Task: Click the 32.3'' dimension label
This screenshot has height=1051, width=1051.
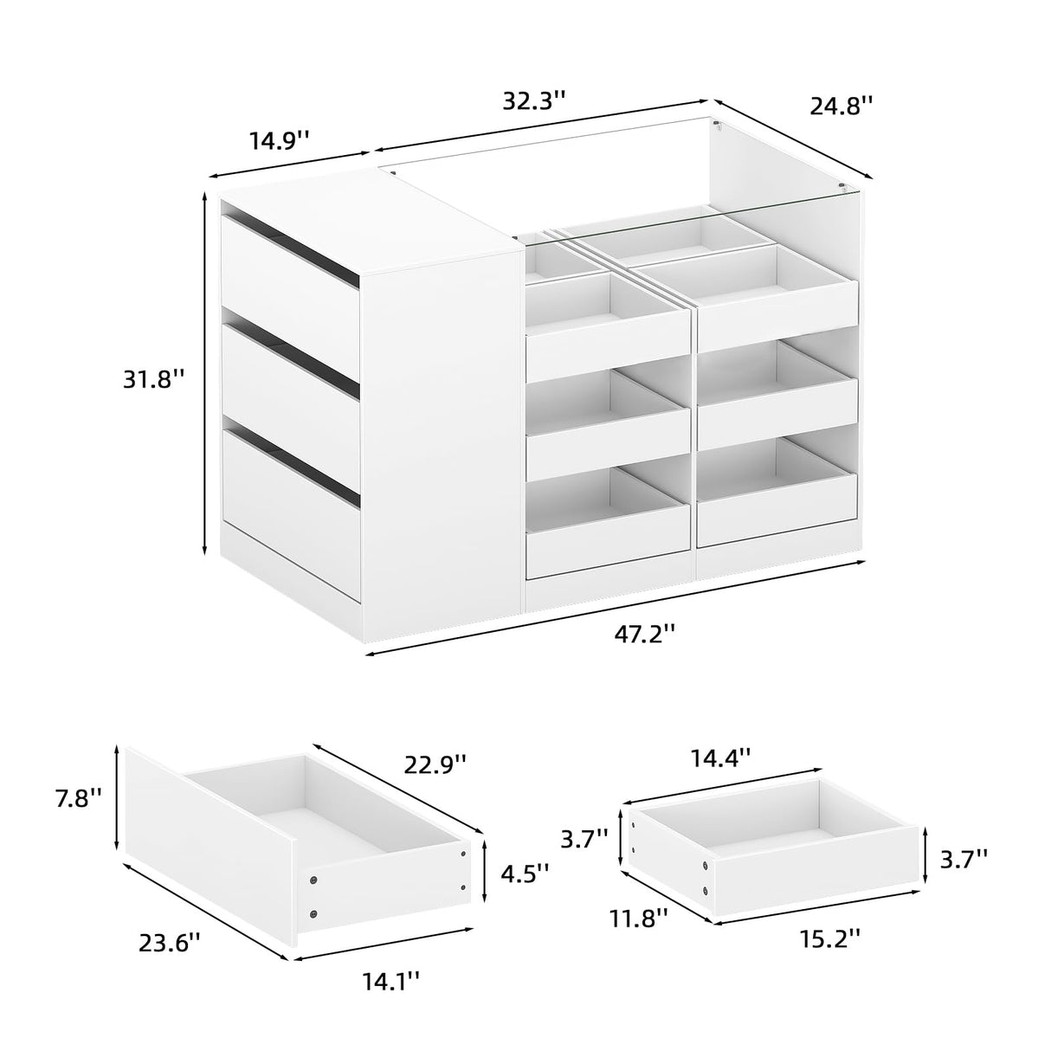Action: [x=534, y=100]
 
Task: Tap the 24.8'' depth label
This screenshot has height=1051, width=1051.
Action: [x=841, y=106]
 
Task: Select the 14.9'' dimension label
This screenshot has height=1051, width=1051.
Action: [x=280, y=139]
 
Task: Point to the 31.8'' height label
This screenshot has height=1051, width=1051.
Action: [x=152, y=378]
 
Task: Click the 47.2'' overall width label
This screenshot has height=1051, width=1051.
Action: [x=644, y=633]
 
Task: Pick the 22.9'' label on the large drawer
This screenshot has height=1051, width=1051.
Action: [x=435, y=764]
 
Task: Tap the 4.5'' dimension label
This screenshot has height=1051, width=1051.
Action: [x=525, y=874]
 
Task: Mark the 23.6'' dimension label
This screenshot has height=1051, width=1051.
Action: [x=170, y=941]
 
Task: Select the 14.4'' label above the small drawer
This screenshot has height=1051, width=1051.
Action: [x=719, y=758]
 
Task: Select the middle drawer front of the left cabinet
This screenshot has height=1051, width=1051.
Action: [x=290, y=381]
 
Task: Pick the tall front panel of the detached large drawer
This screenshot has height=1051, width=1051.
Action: [x=208, y=848]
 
